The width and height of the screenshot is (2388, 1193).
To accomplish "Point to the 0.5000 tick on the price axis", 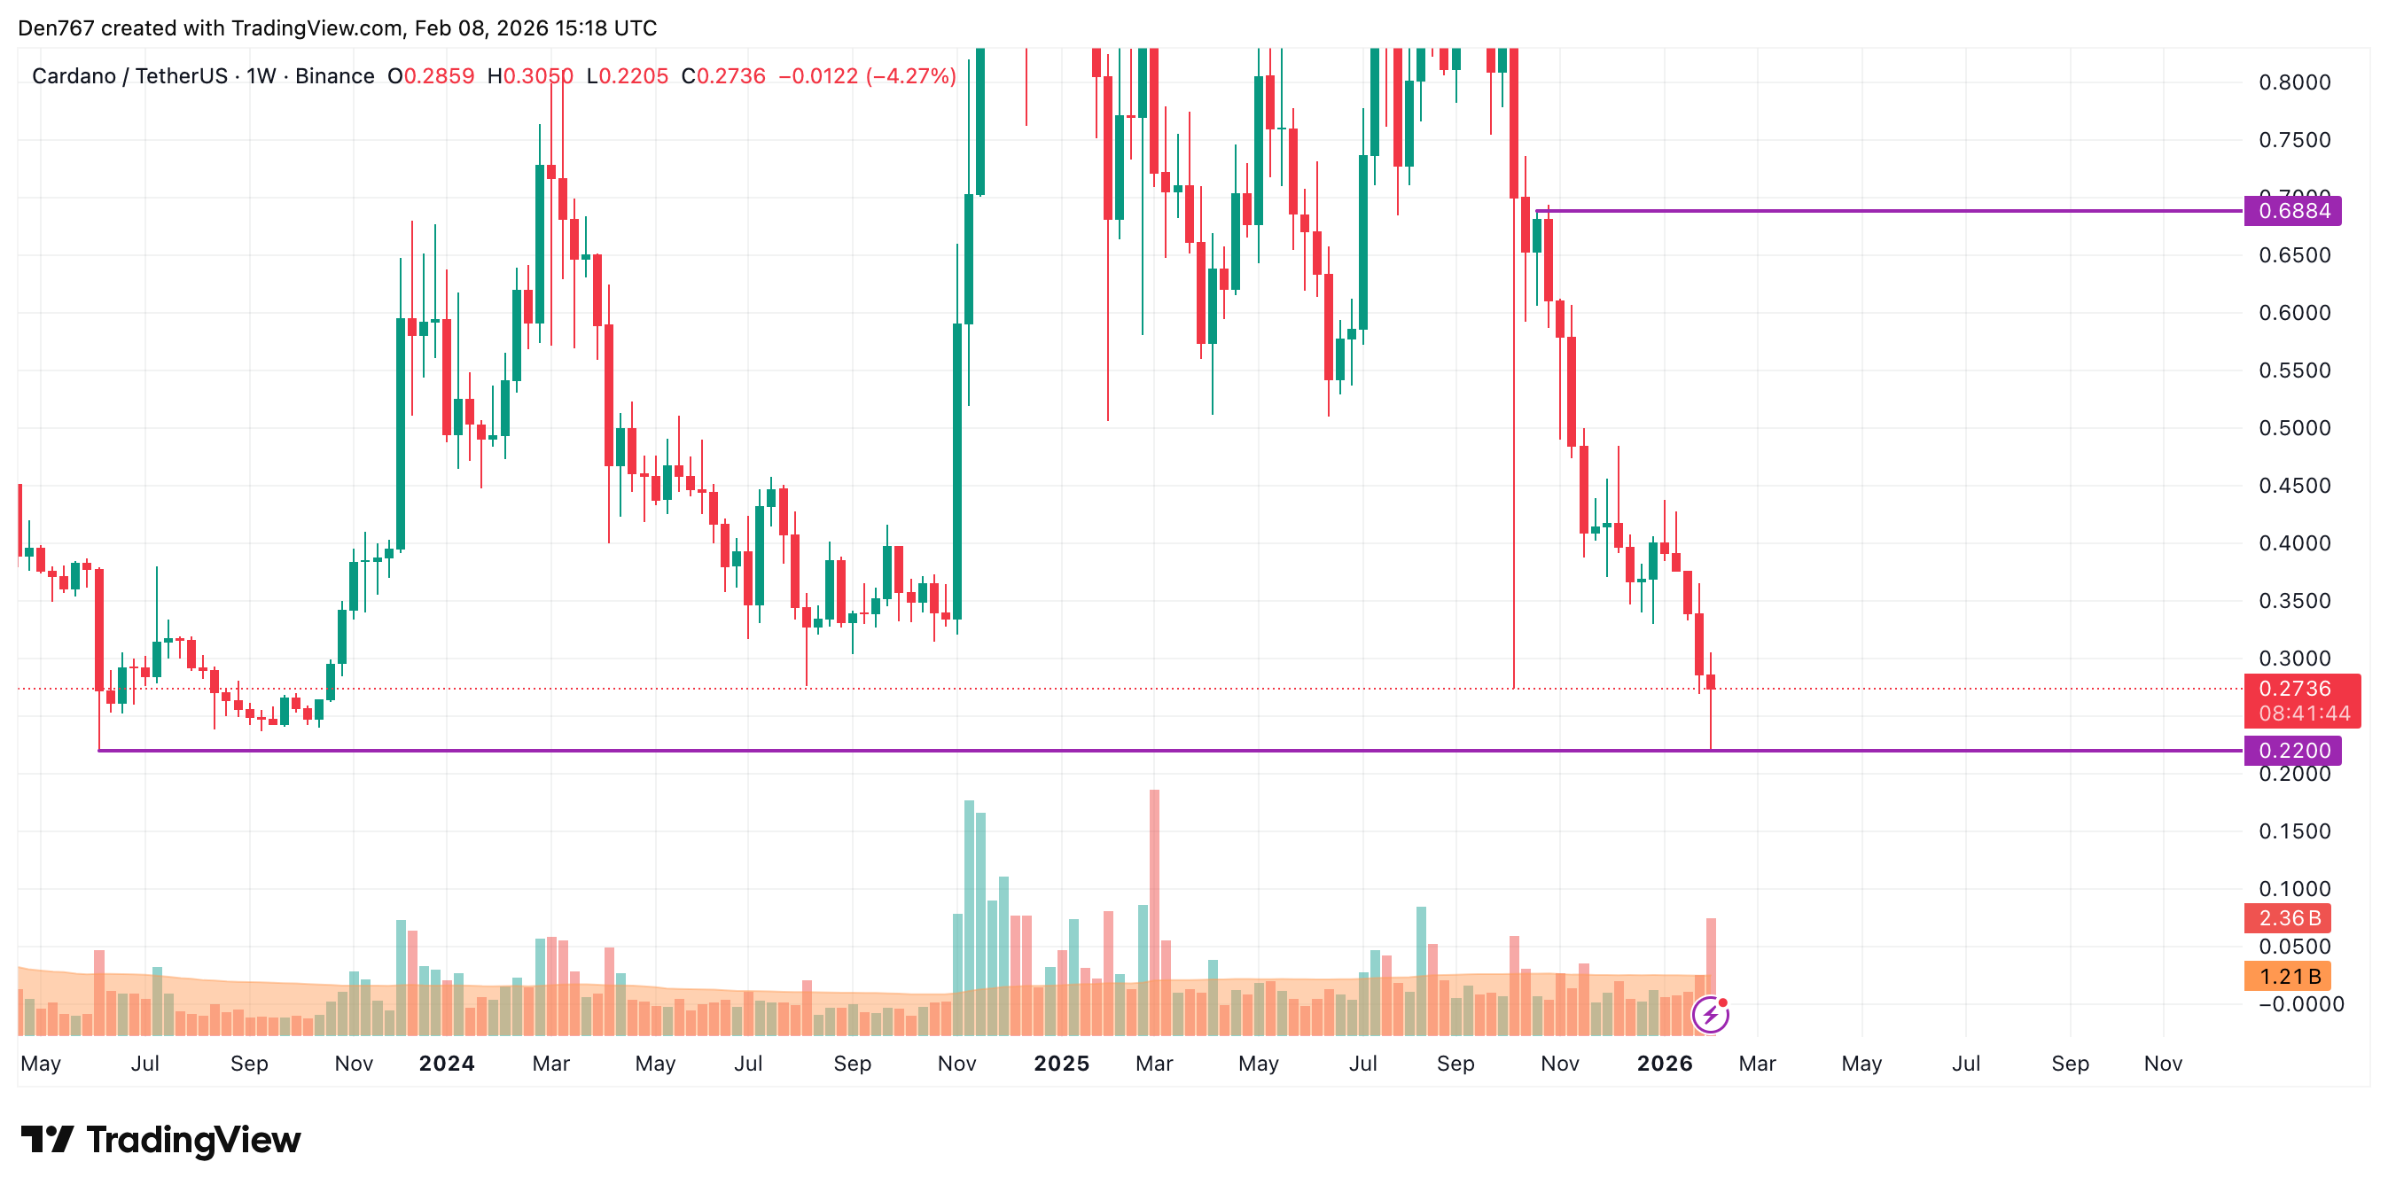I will pos(2293,428).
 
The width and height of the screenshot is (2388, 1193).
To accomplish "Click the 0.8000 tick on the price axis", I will pos(2293,82).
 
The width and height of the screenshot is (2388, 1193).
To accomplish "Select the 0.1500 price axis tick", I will pos(2293,831).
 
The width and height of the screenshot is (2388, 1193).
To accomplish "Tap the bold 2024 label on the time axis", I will pos(447,1064).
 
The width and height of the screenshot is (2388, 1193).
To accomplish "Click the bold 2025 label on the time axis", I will pos(1061,1064).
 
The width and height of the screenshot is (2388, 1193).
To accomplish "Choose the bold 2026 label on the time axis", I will pos(1664,1064).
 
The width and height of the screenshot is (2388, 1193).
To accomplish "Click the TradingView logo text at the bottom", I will pos(193,1140).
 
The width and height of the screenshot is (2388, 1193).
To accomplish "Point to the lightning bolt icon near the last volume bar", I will pos(1709,1015).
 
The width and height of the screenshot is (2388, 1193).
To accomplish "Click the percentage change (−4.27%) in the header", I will pos(910,76).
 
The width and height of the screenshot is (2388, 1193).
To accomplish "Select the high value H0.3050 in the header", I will pos(530,76).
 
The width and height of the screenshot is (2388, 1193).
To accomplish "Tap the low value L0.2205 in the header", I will pos(627,76).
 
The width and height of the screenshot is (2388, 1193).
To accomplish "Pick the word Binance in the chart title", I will pos(335,76).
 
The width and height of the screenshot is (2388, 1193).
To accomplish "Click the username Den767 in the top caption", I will pos(56,27).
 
